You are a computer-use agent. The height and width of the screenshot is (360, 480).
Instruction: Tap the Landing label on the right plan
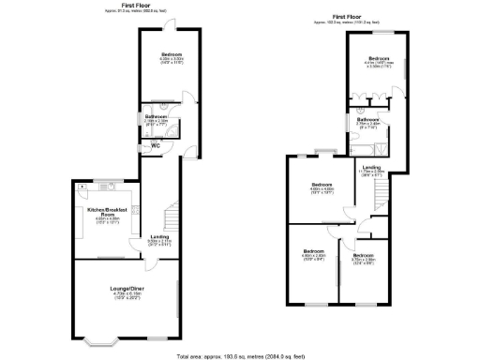pos(372,169)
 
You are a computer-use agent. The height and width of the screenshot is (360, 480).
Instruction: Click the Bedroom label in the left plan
pos(171,55)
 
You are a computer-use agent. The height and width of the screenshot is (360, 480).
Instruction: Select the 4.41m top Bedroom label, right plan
pos(380,62)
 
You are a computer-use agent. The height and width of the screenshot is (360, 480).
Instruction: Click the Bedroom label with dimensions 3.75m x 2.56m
pos(364,257)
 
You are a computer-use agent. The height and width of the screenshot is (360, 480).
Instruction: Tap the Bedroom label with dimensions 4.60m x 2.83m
pos(313,252)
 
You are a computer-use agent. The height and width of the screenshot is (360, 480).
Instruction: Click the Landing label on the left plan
pos(160,238)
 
